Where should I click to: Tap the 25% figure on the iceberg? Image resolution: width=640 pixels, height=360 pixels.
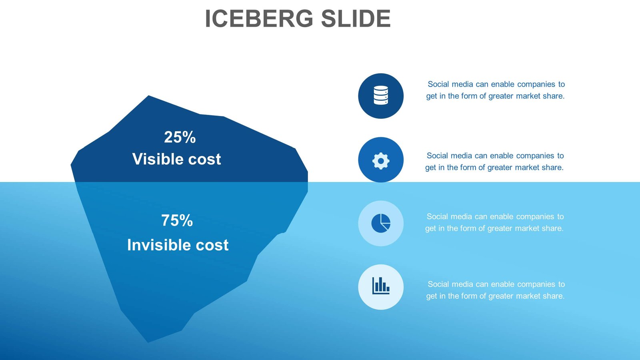180,137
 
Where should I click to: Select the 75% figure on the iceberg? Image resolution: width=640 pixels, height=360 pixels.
177,220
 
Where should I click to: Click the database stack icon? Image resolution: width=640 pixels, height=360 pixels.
381,96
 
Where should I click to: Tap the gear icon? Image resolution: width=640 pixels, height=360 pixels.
381,161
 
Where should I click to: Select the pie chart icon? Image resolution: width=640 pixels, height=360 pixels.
381,223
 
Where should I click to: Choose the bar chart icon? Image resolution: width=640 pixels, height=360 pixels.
381,286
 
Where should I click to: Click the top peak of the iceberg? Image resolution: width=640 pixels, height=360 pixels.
149,96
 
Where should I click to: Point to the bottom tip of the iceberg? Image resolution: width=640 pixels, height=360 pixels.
148,341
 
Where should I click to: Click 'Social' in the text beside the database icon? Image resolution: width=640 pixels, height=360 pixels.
438,84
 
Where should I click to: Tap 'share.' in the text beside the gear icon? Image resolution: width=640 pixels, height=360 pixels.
552,168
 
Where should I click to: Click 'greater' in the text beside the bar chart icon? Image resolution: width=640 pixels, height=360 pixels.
501,296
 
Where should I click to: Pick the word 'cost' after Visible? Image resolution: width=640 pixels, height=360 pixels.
204,159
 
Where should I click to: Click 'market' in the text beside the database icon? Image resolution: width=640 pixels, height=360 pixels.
528,96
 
